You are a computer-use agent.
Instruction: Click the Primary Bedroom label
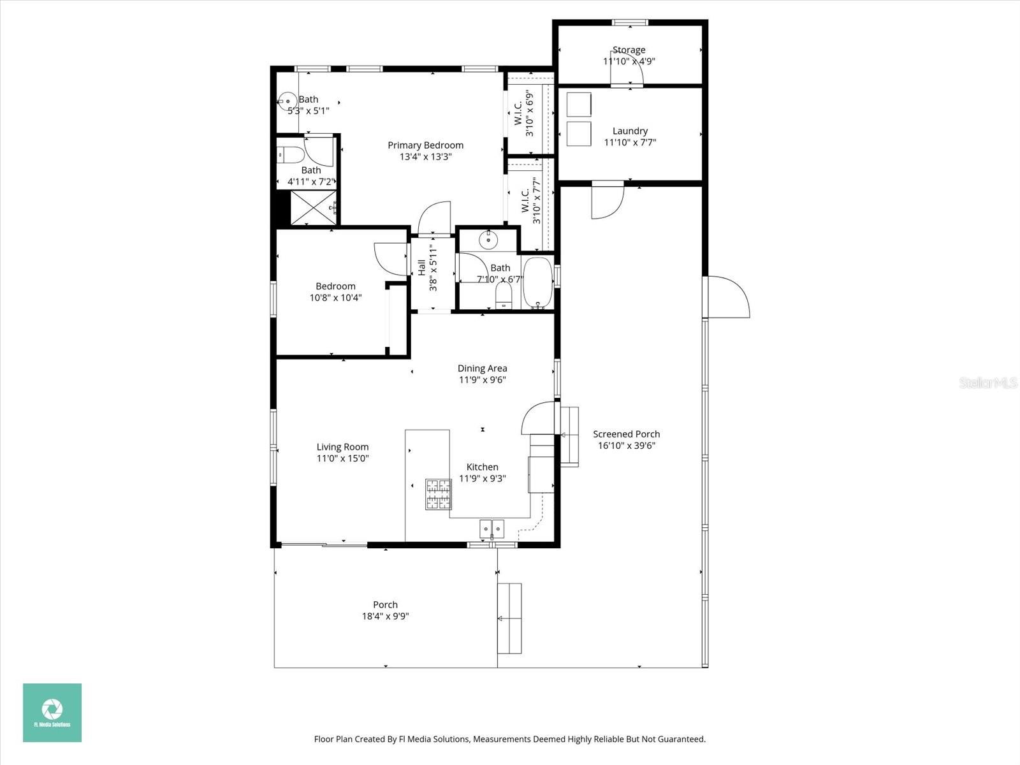(425, 145)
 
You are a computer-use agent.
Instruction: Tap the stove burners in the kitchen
(438, 494)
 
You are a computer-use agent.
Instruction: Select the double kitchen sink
(492, 528)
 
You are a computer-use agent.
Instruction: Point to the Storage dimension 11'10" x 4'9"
(629, 62)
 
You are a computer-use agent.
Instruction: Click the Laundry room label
(630, 131)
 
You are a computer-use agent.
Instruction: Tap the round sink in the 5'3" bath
(288, 100)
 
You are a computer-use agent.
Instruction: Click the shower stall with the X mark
(312, 207)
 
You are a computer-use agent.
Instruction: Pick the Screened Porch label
(626, 434)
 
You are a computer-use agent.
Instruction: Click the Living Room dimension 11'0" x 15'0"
(343, 458)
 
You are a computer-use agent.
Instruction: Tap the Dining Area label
(482, 368)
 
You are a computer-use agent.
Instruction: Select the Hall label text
(421, 267)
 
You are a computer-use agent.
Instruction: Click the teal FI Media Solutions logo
(52, 713)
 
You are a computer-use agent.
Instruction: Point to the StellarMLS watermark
(988, 383)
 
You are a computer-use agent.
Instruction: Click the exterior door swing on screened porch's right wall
(728, 297)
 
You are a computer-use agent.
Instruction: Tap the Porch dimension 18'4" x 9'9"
(385, 616)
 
